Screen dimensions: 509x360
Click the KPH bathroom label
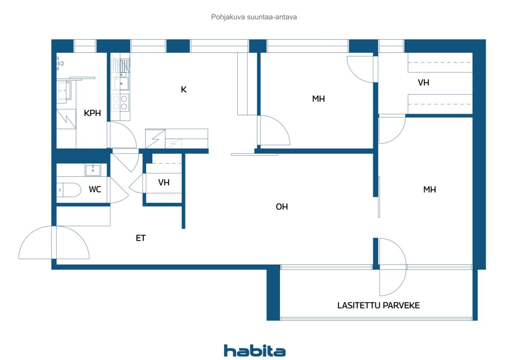pyautogui.click(x=92, y=113)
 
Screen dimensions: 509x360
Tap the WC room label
pyautogui.click(x=95, y=189)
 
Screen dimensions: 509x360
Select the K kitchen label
pyautogui.click(x=184, y=89)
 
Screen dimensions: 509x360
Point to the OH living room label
pyautogui.click(x=282, y=207)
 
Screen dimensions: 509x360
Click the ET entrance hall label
pyautogui.click(x=141, y=238)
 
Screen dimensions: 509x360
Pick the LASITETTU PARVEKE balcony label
pyautogui.click(x=378, y=305)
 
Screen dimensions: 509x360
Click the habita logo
pyautogui.click(x=255, y=351)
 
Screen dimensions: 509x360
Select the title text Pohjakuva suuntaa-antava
pyautogui.click(x=254, y=17)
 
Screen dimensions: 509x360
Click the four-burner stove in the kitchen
pyautogui.click(x=120, y=103)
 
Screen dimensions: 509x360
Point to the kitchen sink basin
pyautogui.click(x=121, y=83)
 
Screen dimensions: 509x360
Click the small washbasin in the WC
pyautogui.click(x=93, y=170)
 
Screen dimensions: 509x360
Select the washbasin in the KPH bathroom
pyautogui.click(x=64, y=90)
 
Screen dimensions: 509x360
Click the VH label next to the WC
pyautogui.click(x=164, y=182)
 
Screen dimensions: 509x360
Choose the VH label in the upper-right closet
pyautogui.click(x=424, y=82)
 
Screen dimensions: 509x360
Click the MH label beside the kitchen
pyautogui.click(x=319, y=99)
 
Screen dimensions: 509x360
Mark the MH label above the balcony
pyautogui.click(x=429, y=189)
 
